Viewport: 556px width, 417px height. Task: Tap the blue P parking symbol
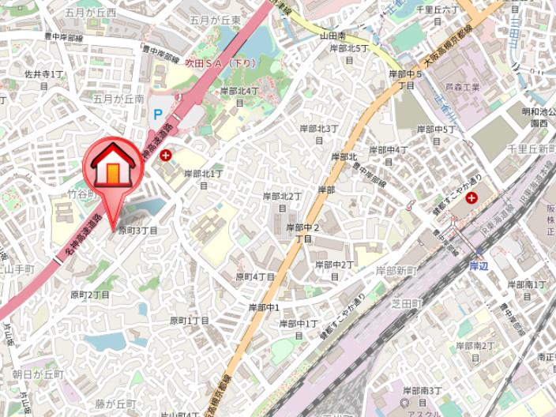pos(158,114)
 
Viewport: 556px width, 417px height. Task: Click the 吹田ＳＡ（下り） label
pos(221,62)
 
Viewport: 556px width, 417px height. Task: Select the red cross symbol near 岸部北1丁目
pos(166,156)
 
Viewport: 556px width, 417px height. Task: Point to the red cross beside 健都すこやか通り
pos(471,197)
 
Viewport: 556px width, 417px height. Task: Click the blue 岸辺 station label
pos(478,266)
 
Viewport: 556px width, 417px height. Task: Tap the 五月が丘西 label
pos(91,13)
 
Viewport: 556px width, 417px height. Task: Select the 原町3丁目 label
pos(138,231)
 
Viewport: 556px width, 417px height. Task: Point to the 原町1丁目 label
pos(190,321)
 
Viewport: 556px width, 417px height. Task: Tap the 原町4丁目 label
pos(255,277)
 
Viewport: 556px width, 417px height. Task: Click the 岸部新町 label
pos(396,271)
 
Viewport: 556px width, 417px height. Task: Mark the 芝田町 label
pos(407,303)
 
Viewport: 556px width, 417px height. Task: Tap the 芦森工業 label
pos(462,88)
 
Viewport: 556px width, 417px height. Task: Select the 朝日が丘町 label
pos(38,374)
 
